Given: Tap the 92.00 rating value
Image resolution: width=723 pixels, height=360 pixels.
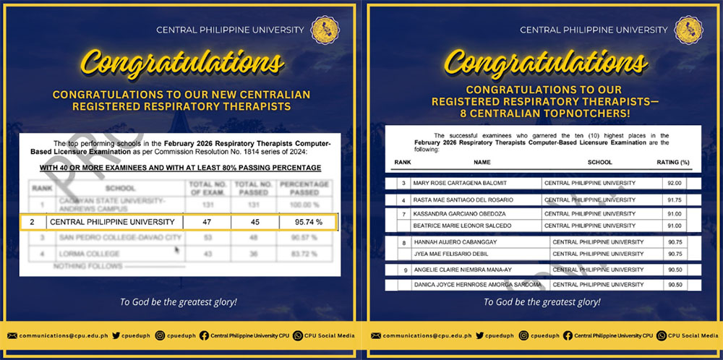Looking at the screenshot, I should (674, 184).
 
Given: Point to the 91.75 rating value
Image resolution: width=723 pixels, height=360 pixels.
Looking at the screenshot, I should (674, 200).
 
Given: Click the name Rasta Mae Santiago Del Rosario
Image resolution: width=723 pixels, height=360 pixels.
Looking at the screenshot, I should (463, 200).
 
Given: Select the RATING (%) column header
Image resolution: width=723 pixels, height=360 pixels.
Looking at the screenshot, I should (674, 163).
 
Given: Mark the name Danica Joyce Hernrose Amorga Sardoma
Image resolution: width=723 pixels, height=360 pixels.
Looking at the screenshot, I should (477, 285).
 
